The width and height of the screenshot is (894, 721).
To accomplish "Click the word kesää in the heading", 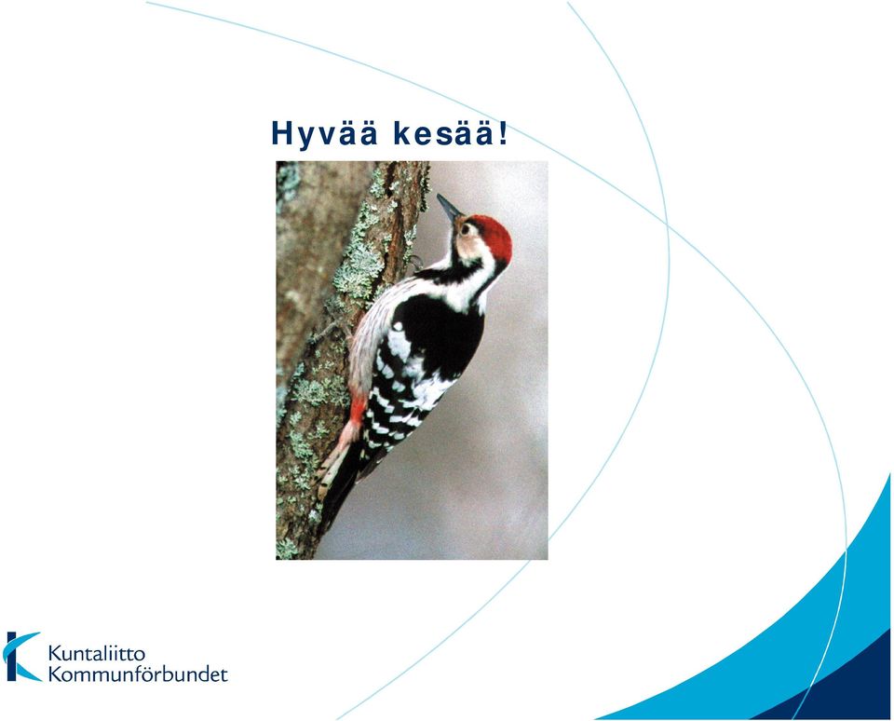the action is coord(443,133).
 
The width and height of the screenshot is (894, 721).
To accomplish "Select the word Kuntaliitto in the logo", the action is coord(96,654).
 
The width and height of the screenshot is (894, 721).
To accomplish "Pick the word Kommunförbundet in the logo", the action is coord(138,673).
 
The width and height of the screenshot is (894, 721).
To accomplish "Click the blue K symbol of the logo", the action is coord(22,656).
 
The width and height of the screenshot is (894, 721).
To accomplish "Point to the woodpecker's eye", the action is coord(466,229).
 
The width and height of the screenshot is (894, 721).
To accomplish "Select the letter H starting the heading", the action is coord(281,133).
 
